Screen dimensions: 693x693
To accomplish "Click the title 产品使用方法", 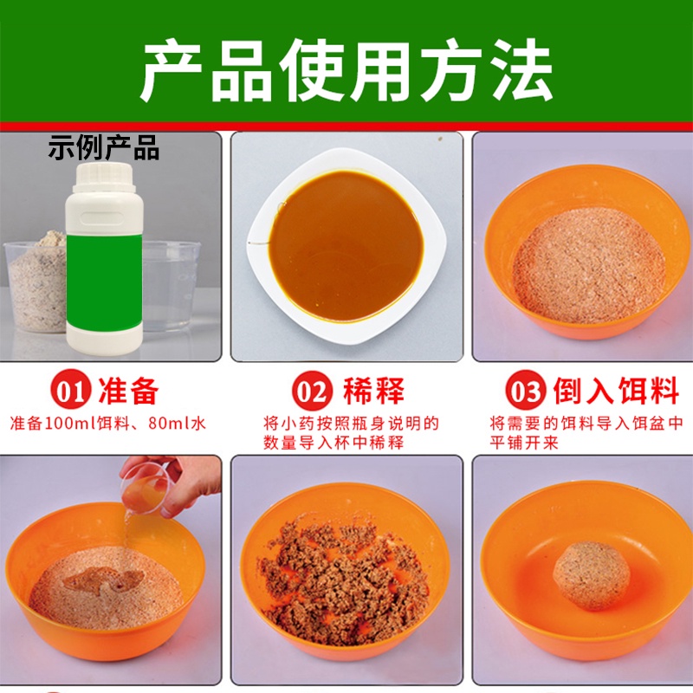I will [346, 70].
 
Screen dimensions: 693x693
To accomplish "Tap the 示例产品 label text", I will [104, 148].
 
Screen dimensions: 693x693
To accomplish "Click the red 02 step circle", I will [311, 392].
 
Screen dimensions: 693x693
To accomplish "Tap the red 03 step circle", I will [526, 392].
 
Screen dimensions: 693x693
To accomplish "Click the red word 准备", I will [130, 392].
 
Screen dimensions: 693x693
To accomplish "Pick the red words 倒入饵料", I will [616, 392].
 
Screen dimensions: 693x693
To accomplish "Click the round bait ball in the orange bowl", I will [590, 574].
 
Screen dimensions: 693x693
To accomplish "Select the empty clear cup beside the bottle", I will [169, 286].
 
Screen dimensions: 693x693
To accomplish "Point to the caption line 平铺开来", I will [524, 444].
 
